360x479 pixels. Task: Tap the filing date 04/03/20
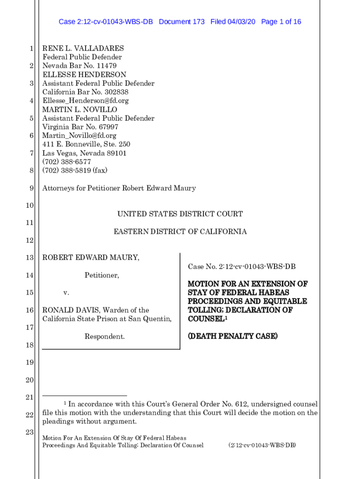click(x=240, y=22)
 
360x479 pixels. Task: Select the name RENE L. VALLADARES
click(x=83, y=48)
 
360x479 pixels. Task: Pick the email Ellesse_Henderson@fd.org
click(x=86, y=101)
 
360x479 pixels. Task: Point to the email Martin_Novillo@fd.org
click(x=79, y=136)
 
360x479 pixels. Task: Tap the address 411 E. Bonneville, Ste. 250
click(x=86, y=145)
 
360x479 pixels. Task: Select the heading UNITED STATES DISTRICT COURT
click(x=180, y=214)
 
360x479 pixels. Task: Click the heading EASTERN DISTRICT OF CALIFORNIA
click(x=180, y=232)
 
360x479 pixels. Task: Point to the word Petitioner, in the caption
click(x=101, y=276)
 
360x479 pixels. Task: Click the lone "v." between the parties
click(x=66, y=293)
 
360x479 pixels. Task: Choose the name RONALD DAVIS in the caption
click(x=70, y=310)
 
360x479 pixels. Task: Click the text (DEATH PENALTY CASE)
click(x=232, y=336)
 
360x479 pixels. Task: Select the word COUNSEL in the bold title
click(x=206, y=319)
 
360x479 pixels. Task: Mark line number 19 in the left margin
click(x=29, y=363)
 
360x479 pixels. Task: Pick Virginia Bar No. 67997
click(x=80, y=127)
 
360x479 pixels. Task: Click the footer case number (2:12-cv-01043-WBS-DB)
click(x=262, y=445)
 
